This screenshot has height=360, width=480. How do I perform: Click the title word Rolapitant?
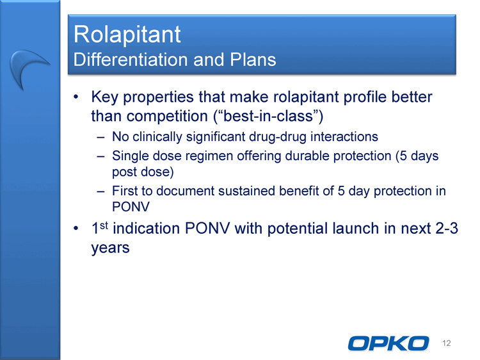[127, 35]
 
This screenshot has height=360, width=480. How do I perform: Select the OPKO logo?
[388, 343]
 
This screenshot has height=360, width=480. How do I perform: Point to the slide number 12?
[446, 343]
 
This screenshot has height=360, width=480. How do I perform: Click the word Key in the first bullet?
[104, 97]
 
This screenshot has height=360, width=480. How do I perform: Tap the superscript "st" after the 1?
[104, 225]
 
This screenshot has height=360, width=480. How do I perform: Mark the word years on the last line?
[110, 248]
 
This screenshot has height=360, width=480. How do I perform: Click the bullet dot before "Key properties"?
[76, 97]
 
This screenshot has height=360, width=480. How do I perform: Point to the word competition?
[167, 117]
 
